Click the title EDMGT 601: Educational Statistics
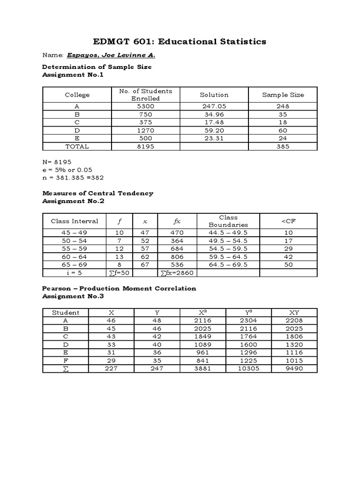click(180, 42)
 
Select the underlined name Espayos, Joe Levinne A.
click(111, 55)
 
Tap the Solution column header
click(214, 95)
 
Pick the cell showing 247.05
click(214, 106)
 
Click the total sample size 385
click(283, 146)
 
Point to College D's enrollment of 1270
click(145, 130)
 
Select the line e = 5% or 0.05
click(68, 170)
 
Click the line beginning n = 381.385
click(73, 178)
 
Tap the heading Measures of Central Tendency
click(97, 193)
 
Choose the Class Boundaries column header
click(228, 221)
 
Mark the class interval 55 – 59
click(74, 248)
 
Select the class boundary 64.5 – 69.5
click(228, 264)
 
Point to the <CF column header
click(288, 221)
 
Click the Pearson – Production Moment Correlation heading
click(119, 288)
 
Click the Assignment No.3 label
click(73, 296)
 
